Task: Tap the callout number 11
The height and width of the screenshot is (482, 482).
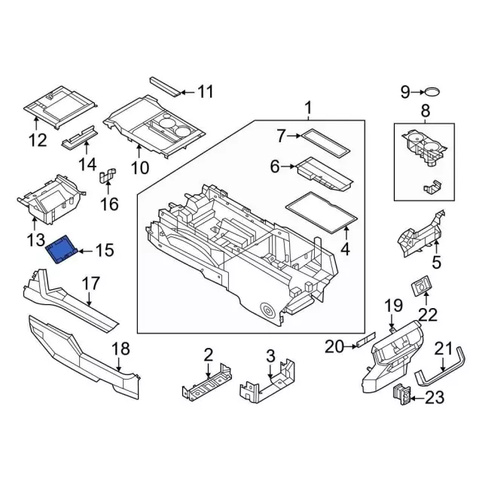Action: [x=206, y=92]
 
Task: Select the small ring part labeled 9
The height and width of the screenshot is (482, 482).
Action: [x=432, y=93]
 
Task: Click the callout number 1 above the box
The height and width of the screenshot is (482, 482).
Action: [x=308, y=110]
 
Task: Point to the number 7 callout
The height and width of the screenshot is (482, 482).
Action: [x=281, y=136]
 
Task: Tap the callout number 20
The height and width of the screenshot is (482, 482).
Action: [x=334, y=347]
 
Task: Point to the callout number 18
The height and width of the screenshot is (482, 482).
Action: [x=120, y=349]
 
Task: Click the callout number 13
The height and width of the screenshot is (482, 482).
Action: [x=36, y=241]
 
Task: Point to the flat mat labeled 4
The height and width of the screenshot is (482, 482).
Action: [x=320, y=214]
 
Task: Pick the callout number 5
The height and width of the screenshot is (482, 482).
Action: [x=435, y=263]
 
